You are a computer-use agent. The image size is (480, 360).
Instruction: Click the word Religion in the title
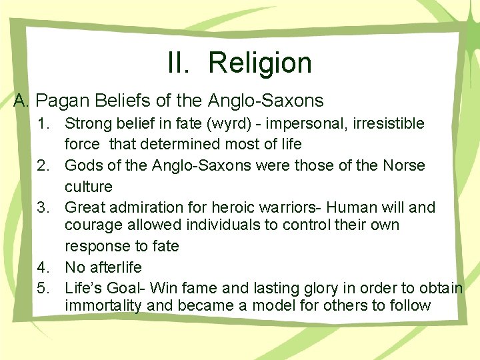click(x=260, y=63)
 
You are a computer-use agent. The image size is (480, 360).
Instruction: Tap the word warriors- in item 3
click(x=283, y=207)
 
